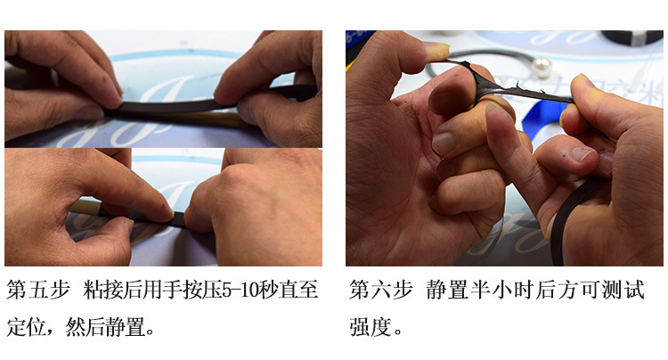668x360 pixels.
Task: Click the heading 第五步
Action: (x=38, y=290)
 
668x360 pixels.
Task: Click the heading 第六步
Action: (x=381, y=290)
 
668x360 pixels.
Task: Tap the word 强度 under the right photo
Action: (x=371, y=327)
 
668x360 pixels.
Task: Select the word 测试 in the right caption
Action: (x=623, y=290)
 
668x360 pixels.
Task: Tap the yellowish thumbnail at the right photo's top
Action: (x=437, y=51)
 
